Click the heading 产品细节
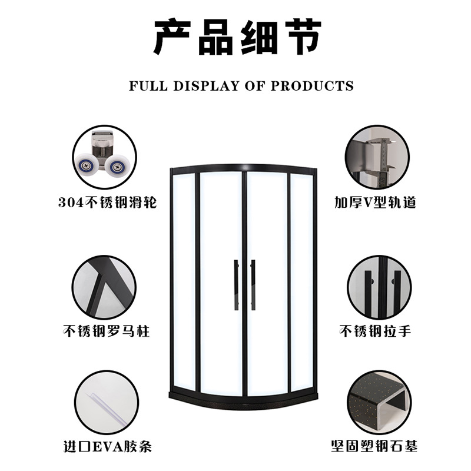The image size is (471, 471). click(237, 37)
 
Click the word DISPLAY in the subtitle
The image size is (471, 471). click(205, 86)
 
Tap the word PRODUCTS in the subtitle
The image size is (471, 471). click(313, 86)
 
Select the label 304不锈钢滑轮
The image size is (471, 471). click(108, 203)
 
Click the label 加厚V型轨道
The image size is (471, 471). click(375, 203)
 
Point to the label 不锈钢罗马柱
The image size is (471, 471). click(106, 331)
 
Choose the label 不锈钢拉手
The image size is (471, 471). click(375, 331)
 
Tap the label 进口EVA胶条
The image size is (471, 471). click(108, 446)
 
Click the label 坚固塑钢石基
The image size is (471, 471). click(374, 446)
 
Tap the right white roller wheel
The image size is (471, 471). click(116, 166)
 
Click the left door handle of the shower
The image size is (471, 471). click(237, 285)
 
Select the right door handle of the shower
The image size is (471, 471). click(253, 285)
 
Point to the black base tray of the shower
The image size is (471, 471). click(243, 402)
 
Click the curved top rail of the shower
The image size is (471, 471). click(243, 167)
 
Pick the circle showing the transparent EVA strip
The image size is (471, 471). click(107, 403)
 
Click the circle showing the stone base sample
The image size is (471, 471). click(379, 403)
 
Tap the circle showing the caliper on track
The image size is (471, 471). click(377, 157)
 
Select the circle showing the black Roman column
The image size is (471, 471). click(104, 287)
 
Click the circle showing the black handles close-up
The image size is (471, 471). click(379, 287)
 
